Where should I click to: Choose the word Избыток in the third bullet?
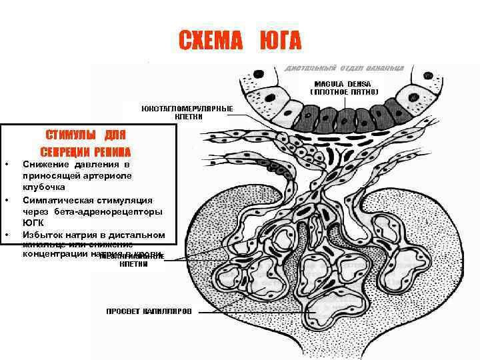tap(43, 235)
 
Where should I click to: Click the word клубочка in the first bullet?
tap(43, 187)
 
